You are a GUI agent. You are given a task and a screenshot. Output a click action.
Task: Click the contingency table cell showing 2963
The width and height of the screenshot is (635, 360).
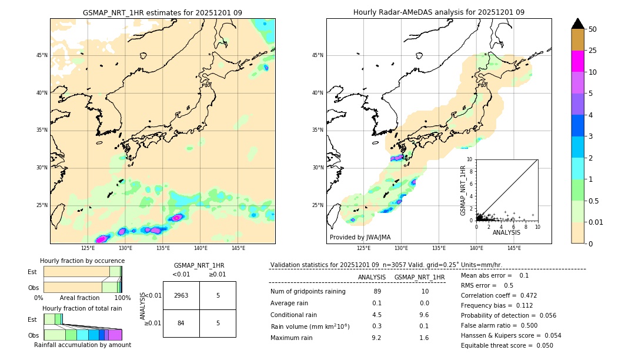click(181, 295)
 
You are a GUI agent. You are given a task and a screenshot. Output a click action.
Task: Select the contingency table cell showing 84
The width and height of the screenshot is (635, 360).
click(181, 323)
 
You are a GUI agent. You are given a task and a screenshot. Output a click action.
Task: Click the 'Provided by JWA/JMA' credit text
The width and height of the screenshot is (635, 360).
click(360, 237)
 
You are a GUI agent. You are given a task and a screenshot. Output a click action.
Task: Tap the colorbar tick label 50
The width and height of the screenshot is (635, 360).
click(593, 29)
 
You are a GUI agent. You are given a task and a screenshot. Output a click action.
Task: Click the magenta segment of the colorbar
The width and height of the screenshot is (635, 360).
click(577, 61)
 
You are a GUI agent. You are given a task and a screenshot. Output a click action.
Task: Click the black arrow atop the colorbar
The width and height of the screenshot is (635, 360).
click(577, 24)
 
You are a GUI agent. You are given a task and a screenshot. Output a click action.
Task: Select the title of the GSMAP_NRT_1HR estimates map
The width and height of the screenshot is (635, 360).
click(162, 12)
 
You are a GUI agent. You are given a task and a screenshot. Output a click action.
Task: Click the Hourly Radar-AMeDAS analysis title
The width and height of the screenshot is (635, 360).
click(439, 12)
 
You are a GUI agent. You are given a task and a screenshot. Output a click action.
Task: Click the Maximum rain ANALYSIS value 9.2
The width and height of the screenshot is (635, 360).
click(377, 338)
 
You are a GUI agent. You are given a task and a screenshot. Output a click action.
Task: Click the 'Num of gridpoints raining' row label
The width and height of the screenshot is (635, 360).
click(308, 291)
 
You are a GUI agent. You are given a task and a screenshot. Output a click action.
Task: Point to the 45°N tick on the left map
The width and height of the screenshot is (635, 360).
click(42, 55)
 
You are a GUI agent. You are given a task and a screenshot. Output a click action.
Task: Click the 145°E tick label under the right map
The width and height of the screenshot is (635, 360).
click(514, 248)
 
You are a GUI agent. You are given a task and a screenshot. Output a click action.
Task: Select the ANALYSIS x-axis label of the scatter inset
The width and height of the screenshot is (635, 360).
click(506, 232)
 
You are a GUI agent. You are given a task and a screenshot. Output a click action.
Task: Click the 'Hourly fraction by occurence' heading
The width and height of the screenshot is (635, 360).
click(82, 261)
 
